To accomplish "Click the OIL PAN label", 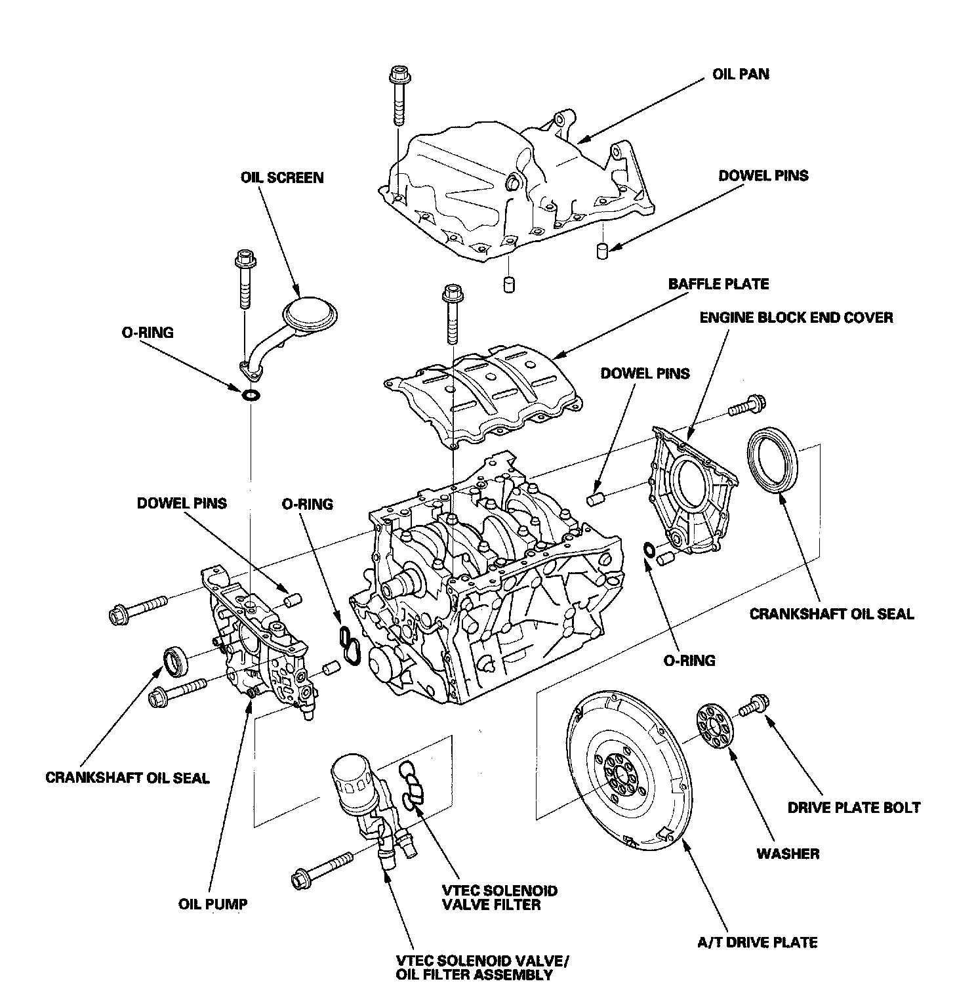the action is [x=741, y=74].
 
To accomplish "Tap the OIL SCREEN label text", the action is [x=282, y=177].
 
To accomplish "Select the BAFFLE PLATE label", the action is [x=718, y=284].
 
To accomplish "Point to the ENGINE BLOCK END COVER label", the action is [x=796, y=318].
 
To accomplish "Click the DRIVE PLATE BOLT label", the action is [x=854, y=807].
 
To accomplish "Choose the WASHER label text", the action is [x=788, y=854].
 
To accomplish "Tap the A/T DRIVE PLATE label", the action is [x=758, y=942].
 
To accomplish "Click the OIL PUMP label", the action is [x=213, y=903].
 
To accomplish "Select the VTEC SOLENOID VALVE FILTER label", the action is [x=499, y=898].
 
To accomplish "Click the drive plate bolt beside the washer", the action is [x=754, y=705].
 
